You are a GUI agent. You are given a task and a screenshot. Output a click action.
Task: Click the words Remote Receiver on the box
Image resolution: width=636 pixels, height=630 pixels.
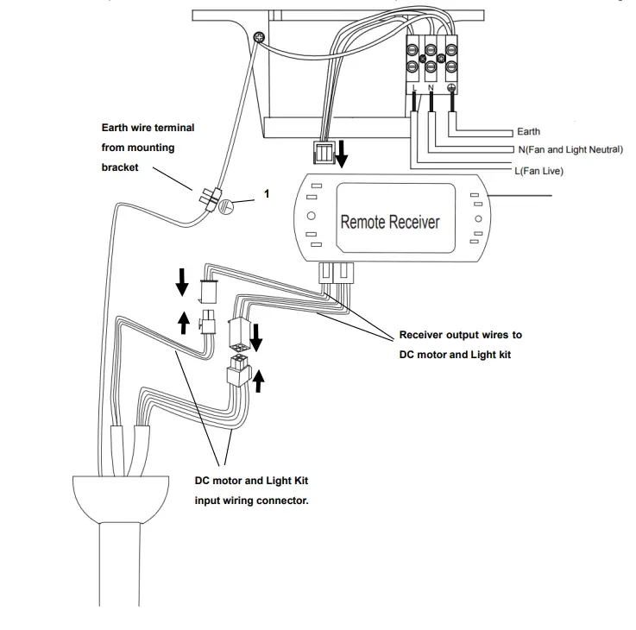(x=390, y=222)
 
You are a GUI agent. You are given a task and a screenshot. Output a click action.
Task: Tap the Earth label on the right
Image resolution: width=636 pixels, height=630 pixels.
(x=528, y=132)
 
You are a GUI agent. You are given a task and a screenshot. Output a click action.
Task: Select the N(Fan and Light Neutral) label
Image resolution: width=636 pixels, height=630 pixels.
(x=570, y=150)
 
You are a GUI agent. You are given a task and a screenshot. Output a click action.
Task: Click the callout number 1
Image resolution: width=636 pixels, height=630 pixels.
(x=267, y=194)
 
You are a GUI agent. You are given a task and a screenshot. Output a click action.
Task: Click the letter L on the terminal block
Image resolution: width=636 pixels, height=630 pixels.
(x=415, y=88)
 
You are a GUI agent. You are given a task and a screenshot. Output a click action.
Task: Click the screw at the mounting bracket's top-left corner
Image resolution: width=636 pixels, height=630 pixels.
(x=260, y=35)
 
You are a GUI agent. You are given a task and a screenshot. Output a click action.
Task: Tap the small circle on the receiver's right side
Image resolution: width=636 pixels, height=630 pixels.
(x=475, y=218)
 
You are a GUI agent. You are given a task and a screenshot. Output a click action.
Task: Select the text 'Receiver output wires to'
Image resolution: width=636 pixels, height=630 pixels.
(x=460, y=335)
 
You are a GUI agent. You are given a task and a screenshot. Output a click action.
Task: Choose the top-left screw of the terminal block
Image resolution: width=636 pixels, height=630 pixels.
(x=414, y=49)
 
